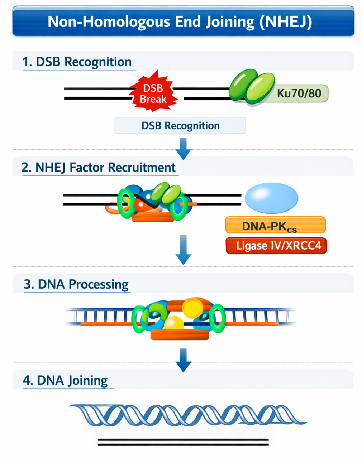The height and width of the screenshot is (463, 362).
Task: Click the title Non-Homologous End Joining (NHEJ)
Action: click(180, 21)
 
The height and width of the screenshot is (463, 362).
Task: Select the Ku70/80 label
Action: click(299, 93)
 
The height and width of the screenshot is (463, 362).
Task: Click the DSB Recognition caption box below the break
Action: click(180, 126)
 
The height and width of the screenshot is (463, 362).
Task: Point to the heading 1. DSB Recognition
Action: click(77, 62)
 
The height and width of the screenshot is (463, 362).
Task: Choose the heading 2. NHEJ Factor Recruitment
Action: click(98, 168)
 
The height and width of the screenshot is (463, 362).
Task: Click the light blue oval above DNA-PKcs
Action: click(271, 198)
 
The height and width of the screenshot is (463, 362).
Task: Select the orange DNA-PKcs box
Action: click(275, 225)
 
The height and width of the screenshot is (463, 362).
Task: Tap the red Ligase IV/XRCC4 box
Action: click(276, 246)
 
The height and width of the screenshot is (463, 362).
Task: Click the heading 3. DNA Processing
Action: click(76, 284)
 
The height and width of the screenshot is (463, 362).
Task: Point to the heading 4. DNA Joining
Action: click(65, 380)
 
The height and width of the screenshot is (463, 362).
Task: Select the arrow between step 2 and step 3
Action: click(183, 250)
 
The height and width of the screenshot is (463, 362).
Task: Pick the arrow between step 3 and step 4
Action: click(183, 360)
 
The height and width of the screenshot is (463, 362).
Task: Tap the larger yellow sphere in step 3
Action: click(192, 308)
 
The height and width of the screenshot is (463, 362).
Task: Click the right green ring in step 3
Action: click(218, 318)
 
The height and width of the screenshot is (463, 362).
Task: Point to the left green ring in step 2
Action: click(126, 203)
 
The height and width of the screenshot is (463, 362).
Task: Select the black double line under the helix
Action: click(183, 442)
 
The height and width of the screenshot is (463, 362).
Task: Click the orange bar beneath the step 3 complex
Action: click(180, 335)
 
